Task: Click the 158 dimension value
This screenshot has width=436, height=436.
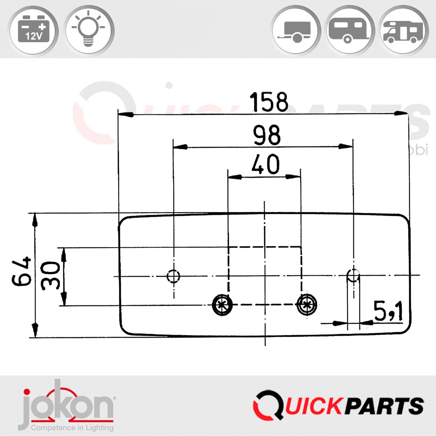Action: pyautogui.click(x=269, y=102)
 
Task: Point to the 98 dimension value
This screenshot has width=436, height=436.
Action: pyautogui.click(x=267, y=135)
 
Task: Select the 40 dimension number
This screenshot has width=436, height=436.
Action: pyautogui.click(x=265, y=164)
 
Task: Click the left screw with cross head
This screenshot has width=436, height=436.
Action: pyautogui.click(x=222, y=305)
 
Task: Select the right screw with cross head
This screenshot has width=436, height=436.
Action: pyautogui.click(x=306, y=305)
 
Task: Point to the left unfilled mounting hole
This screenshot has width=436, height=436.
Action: pyautogui.click(x=173, y=276)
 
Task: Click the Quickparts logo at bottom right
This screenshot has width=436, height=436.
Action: pyautogui.click(x=338, y=406)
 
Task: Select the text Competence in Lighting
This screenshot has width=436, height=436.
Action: pyautogui.click(x=72, y=427)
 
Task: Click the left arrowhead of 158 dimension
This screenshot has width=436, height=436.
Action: pyautogui.click(x=126, y=115)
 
